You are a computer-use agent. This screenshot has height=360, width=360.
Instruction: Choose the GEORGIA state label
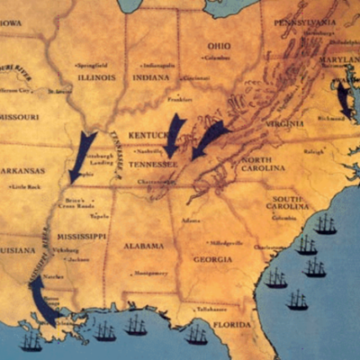212,259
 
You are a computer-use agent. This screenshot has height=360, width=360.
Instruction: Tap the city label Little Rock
27,187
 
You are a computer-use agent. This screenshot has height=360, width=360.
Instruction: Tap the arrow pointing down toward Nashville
174,132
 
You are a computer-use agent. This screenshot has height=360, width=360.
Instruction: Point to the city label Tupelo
99,216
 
